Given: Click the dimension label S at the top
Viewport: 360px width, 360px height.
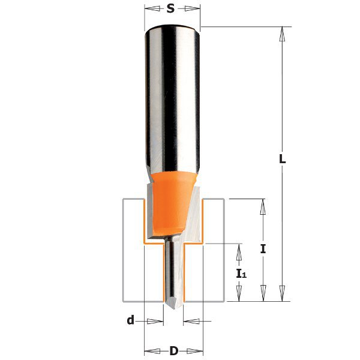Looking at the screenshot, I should click(171, 8).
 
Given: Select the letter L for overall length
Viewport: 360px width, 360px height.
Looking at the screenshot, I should click(283, 160).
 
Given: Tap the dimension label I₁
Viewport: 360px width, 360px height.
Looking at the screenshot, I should click(241, 273).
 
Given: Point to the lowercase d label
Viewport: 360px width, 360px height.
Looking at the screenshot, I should click(130, 320).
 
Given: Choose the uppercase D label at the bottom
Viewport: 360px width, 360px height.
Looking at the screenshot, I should click(174, 351).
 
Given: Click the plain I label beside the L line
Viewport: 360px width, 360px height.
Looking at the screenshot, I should click(263, 250).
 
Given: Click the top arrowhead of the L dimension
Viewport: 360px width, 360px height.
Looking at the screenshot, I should click(283, 33).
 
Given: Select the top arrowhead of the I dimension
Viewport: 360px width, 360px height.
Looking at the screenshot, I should click(263, 206).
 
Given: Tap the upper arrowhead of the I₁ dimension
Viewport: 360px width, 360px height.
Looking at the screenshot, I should click(240, 251).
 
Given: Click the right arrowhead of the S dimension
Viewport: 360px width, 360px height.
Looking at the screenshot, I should click(193, 8).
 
